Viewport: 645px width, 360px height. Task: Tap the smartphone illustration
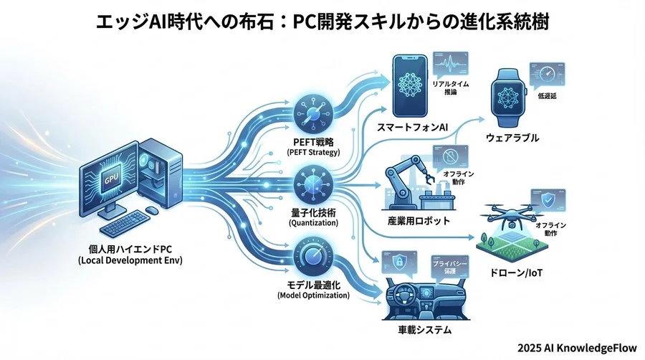pyautogui.click(x=414, y=88)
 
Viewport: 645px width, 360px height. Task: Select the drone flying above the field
pyautogui.click(x=511, y=214)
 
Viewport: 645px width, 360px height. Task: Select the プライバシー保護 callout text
pyautogui.click(x=450, y=270)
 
